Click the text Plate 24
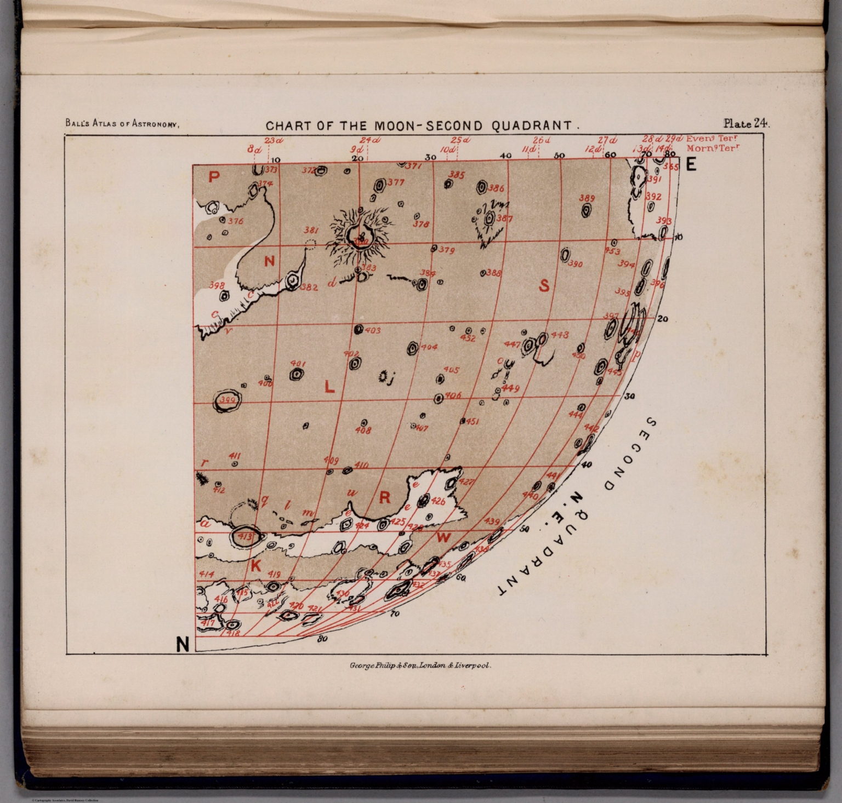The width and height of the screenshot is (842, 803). tap(746, 123)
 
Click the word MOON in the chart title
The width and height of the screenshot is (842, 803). tap(391, 125)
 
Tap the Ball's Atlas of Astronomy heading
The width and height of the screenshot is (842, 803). tap(122, 124)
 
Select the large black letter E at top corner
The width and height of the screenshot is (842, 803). tap(691, 164)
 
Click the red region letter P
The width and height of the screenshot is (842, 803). tap(214, 177)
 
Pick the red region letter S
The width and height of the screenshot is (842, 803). tap(544, 285)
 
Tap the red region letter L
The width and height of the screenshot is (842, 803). tap(329, 387)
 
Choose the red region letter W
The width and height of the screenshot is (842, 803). tap(443, 537)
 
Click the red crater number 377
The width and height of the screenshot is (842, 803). tap(395, 183)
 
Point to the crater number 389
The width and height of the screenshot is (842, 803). tap(587, 198)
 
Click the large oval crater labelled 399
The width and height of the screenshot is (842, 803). tap(227, 401)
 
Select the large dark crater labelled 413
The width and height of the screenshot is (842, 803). tap(244, 536)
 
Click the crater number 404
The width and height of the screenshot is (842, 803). tap(429, 347)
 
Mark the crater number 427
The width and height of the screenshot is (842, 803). tap(466, 482)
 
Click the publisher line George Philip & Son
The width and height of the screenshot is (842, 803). tap(420, 667)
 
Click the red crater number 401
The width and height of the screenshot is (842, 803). tap(298, 364)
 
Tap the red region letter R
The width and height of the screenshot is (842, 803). tap(385, 497)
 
